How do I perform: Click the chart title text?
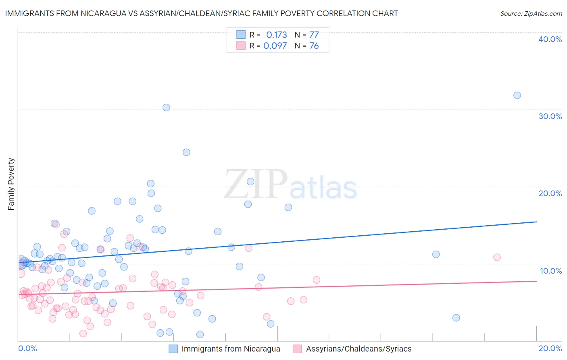click(201, 14)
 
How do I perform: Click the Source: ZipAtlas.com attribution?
click(531, 14)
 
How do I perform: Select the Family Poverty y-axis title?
click(11, 184)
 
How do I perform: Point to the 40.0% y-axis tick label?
click(550, 39)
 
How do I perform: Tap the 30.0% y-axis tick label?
click(550, 116)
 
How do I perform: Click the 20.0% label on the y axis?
click(550, 193)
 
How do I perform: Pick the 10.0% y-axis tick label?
click(550, 271)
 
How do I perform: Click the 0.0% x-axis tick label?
click(27, 348)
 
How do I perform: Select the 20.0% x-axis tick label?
click(550, 348)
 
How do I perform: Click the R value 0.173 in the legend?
click(277, 35)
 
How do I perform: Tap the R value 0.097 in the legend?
click(275, 46)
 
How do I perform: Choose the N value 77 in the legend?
click(314, 35)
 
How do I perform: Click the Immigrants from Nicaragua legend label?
click(231, 349)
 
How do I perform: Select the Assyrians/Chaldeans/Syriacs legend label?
click(359, 349)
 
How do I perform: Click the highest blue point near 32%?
click(517, 96)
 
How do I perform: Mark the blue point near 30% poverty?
click(166, 107)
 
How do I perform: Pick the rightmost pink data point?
click(497, 257)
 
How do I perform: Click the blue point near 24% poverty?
click(186, 152)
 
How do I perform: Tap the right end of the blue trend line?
click(536, 222)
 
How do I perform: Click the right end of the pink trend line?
click(536, 281)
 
